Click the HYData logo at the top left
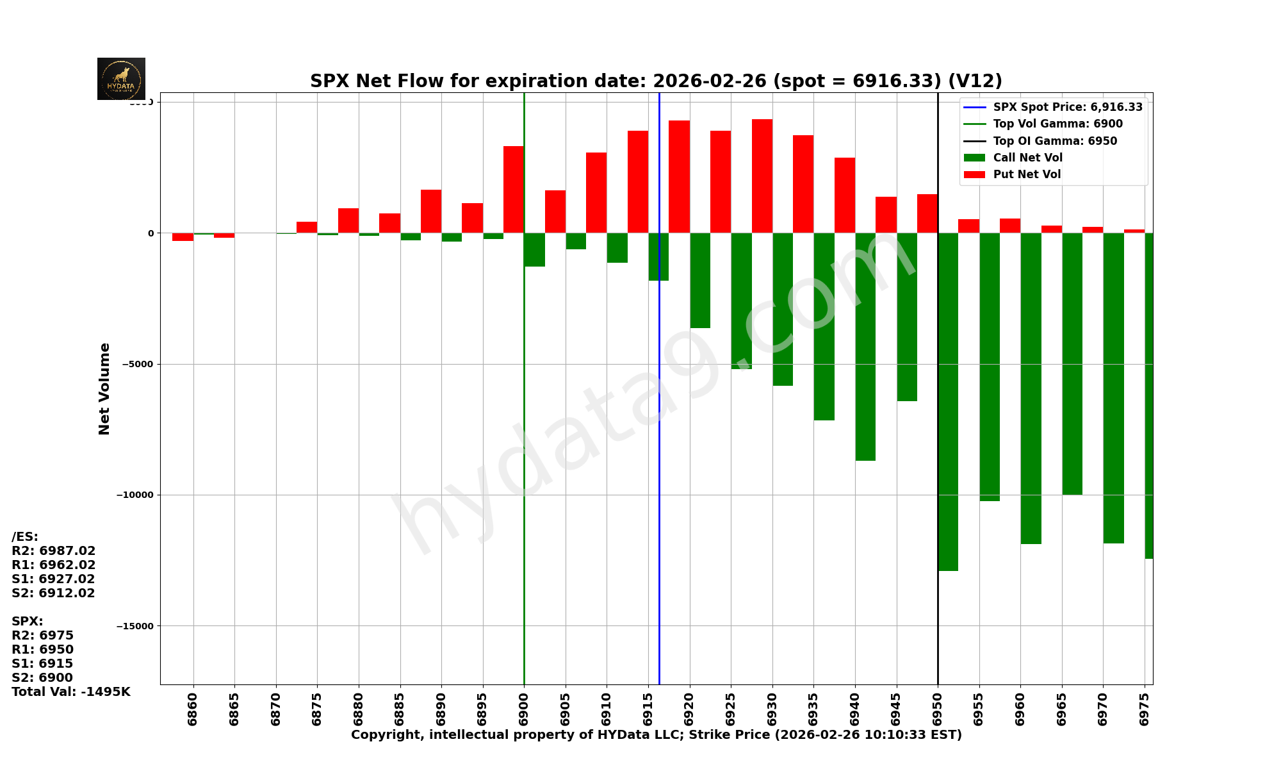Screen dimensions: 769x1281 coord(121,79)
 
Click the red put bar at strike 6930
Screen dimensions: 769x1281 coord(762,176)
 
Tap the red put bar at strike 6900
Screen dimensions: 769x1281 coord(514,190)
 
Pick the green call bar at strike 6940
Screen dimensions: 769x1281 coord(865,347)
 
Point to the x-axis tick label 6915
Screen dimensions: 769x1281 coord(648,709)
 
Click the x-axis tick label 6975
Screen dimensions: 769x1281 coord(1144,709)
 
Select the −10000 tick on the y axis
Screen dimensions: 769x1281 coord(135,495)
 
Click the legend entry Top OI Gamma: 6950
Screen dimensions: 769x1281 coord(1054,141)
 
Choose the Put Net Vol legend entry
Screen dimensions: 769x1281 coord(1026,174)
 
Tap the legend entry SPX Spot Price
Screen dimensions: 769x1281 coord(1067,108)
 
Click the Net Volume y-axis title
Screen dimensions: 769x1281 coord(104,389)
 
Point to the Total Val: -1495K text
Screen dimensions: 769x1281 coord(70,692)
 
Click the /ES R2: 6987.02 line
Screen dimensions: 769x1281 coord(53,551)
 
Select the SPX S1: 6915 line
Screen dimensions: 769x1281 coord(42,664)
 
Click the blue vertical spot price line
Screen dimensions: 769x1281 coord(659,449)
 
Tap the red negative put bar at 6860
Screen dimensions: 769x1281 coord(183,237)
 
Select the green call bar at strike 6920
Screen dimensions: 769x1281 coord(700,281)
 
